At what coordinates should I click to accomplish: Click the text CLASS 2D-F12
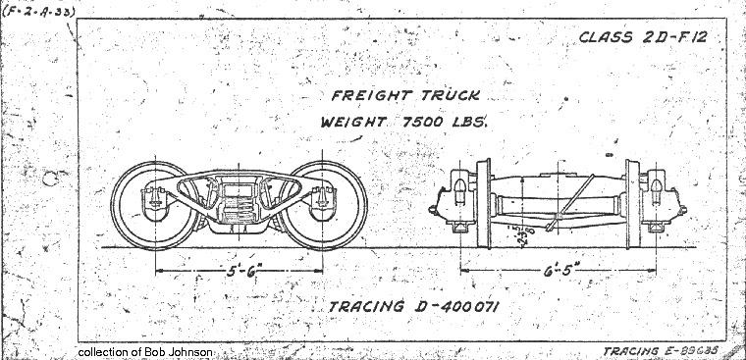click(643, 39)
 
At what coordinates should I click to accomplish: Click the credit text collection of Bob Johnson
click(143, 351)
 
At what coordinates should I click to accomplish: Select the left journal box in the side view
click(155, 204)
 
